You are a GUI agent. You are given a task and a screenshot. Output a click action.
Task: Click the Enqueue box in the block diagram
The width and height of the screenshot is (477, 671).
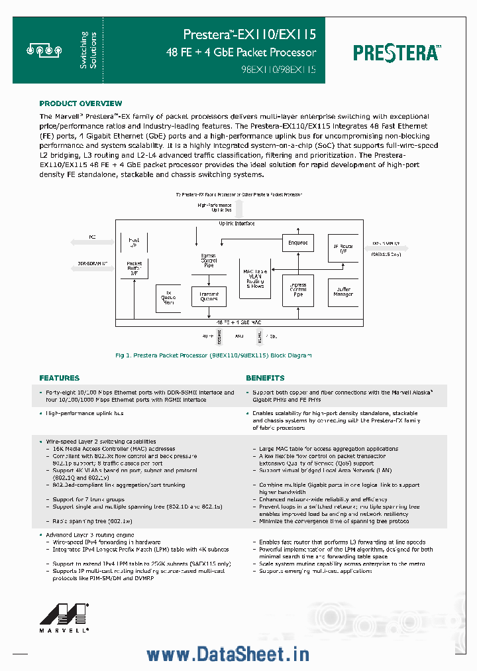tap(297, 243)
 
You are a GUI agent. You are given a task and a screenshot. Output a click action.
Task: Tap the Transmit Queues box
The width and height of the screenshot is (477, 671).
tap(209, 296)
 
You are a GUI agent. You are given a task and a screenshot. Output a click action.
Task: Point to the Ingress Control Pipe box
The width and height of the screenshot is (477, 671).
tap(297, 290)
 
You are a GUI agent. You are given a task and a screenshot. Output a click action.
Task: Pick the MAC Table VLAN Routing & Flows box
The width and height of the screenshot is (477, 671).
tap(254, 278)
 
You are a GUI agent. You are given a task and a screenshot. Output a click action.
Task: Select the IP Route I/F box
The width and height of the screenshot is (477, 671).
tap(343, 250)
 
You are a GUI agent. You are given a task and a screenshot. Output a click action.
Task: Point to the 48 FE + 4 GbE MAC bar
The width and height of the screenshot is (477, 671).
tap(239, 322)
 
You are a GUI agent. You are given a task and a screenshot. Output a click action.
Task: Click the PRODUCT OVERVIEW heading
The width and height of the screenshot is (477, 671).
tap(80, 103)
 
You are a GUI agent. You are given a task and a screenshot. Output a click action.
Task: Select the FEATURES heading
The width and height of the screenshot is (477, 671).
tap(59, 378)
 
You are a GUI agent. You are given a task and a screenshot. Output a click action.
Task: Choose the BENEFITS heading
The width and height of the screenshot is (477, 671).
tap(265, 378)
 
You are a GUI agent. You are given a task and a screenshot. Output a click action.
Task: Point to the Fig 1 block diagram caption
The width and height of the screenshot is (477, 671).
tap(213, 355)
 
